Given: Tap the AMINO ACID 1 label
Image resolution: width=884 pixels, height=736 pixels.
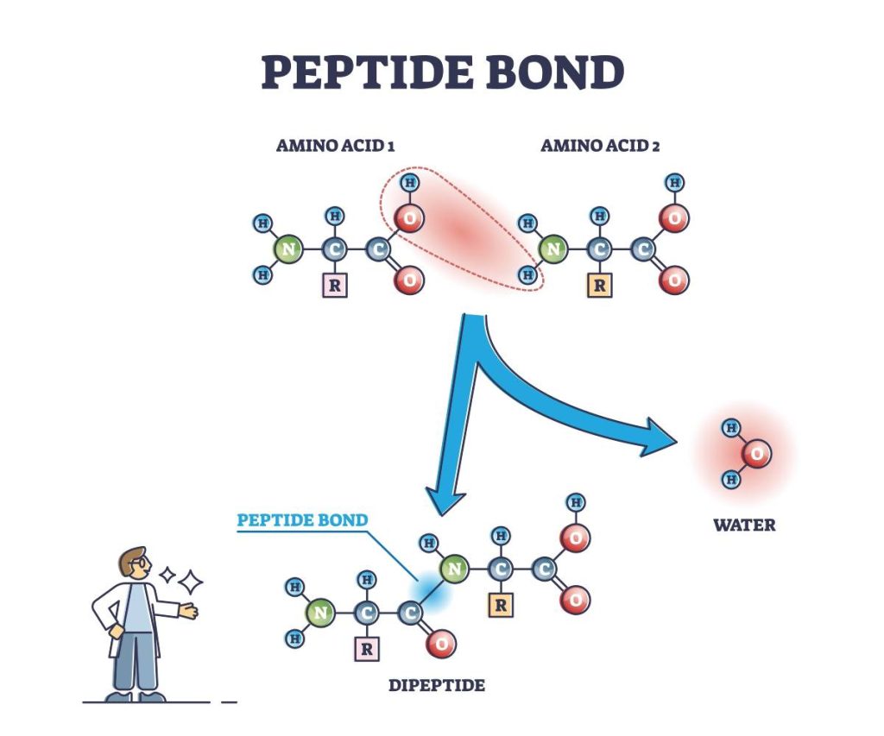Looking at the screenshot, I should tap(335, 146).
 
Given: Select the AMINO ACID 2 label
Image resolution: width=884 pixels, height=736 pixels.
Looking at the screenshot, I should tap(600, 146).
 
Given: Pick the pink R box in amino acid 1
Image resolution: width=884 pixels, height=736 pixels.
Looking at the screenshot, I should tap(334, 286).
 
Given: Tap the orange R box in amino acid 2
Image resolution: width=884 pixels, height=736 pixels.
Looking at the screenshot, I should tap(598, 286).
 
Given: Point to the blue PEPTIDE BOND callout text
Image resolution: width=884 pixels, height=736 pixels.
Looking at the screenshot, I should tap(302, 520).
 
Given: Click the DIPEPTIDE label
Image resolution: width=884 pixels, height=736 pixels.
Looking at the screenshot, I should tap(436, 687).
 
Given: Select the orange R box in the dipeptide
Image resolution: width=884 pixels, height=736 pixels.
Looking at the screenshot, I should tap(500, 606).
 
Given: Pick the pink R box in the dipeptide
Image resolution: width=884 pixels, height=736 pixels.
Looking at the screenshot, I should tap(367, 650).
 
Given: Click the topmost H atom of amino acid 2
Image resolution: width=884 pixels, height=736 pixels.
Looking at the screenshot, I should tap(674, 182).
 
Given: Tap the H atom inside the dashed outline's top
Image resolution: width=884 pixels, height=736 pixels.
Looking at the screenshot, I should tap(410, 183).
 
